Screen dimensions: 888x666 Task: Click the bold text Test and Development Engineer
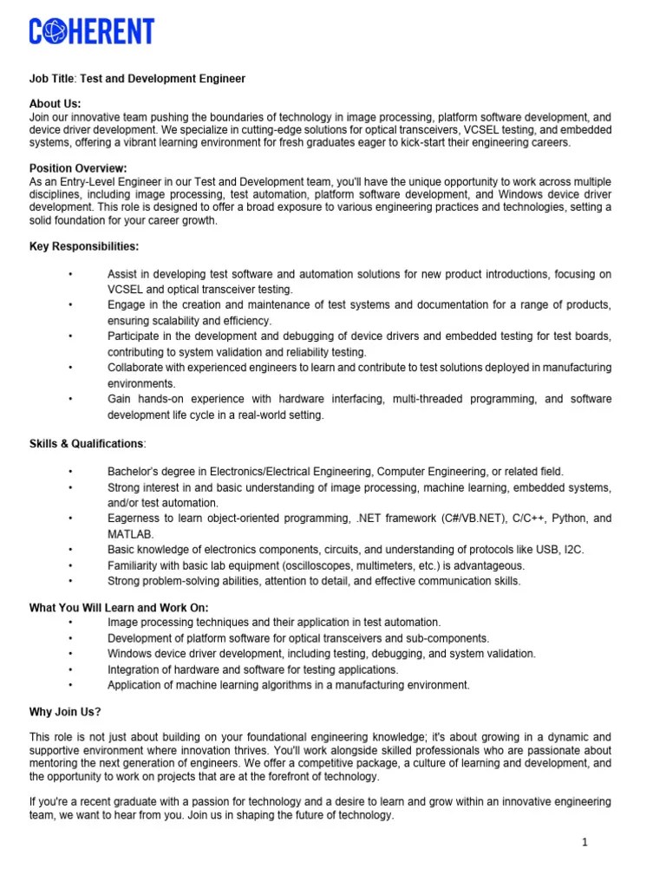[163, 79]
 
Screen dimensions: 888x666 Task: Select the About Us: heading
[55, 104]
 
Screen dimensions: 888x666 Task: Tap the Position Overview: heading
[78, 168]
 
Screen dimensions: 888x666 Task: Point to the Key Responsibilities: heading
[84, 246]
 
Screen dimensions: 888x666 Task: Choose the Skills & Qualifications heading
[88, 444]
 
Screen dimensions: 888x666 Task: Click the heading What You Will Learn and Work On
[119, 607]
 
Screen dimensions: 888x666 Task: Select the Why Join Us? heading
[65, 712]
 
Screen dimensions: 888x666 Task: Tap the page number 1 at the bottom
[585, 842]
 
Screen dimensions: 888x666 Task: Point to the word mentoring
[58, 763]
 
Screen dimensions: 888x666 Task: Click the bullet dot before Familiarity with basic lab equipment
[70, 565]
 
